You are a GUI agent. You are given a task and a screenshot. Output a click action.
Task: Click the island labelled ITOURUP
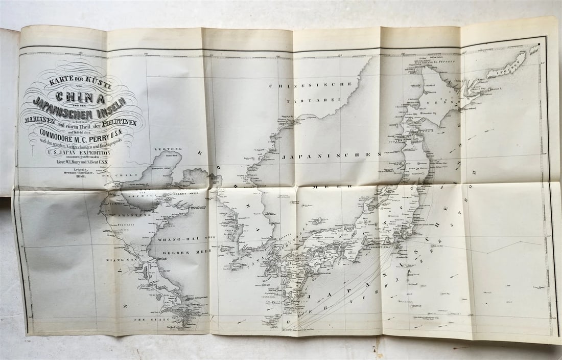pyautogui.click(x=507, y=64)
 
